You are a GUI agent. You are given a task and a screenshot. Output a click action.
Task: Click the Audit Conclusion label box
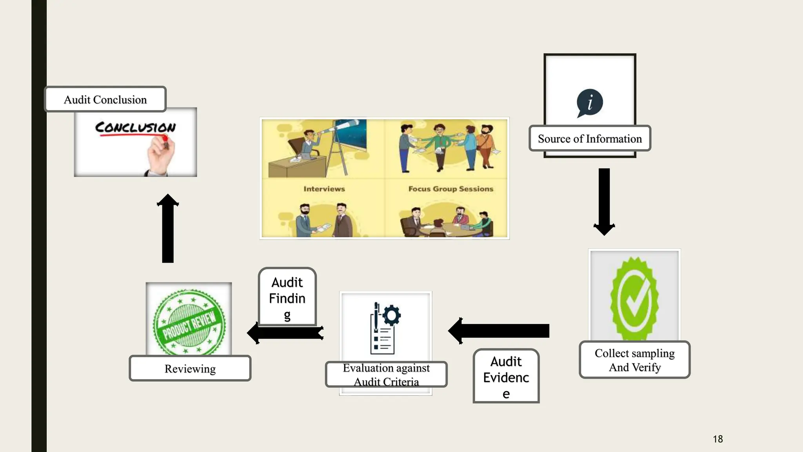pyautogui.click(x=105, y=100)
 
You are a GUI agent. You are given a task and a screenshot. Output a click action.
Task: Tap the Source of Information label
pyautogui.click(x=589, y=139)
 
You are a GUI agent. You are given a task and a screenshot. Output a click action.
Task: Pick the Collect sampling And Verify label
pyautogui.click(x=634, y=360)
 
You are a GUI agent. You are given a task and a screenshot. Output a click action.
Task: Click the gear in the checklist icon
pyautogui.click(x=391, y=315)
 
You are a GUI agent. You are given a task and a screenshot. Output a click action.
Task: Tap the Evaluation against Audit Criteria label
pyautogui.click(x=386, y=374)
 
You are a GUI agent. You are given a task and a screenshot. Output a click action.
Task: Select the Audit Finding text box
pyautogui.click(x=287, y=297)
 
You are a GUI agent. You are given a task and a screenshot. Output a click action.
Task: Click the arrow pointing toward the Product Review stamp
pyautogui.click(x=285, y=333)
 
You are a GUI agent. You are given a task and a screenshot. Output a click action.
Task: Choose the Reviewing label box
pyautogui.click(x=190, y=368)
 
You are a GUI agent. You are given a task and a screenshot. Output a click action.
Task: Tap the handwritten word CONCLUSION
pyautogui.click(x=135, y=127)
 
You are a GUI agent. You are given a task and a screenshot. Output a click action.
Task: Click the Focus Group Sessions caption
pyautogui.click(x=451, y=189)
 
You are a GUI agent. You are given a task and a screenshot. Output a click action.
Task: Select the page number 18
pyautogui.click(x=718, y=439)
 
